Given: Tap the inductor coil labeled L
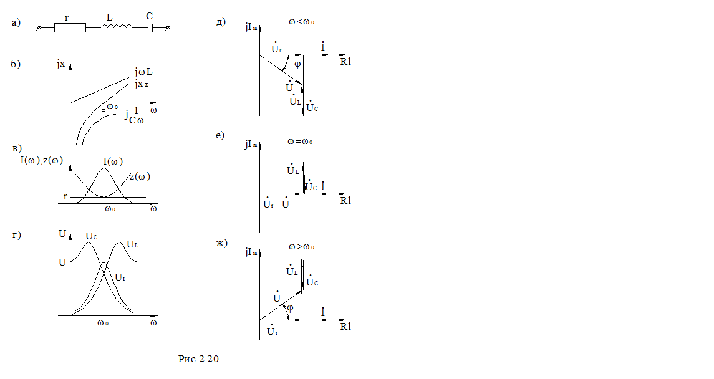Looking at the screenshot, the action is [117, 27].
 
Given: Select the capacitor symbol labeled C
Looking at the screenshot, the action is [150, 27].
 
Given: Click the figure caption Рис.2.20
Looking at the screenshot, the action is [199, 358].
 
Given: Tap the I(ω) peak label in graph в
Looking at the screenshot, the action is [113, 162].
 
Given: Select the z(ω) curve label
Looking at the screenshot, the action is [140, 176].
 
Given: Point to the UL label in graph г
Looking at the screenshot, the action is [132, 244].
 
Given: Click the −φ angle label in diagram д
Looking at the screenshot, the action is [293, 64].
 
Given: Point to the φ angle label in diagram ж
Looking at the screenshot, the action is [290, 308].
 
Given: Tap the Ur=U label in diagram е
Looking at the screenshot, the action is [276, 204].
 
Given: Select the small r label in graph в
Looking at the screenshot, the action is [65, 197].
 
